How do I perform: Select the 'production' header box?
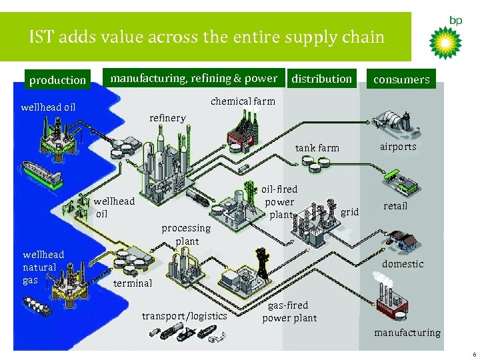57,80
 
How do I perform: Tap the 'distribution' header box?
321,79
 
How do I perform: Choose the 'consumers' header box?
401,79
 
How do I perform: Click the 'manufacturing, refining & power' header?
193,79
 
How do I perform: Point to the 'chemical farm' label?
243,101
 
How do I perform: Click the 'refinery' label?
167,118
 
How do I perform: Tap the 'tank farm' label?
317,148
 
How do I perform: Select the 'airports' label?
398,147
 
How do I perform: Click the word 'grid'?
350,212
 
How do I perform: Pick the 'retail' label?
395,206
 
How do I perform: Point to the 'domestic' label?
403,264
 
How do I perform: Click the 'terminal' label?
133,283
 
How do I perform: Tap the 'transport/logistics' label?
185,315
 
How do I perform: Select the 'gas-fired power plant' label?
289,311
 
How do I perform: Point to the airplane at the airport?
397,121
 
